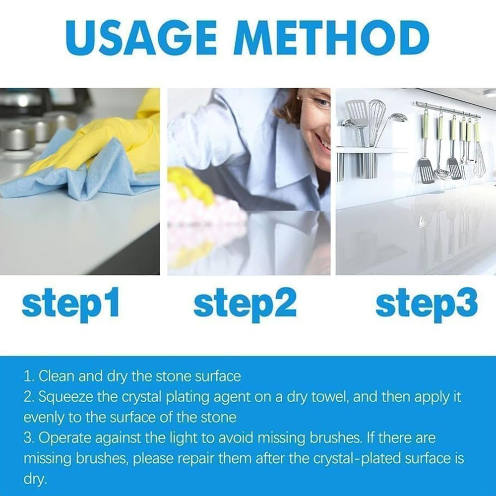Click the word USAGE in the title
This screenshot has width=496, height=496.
(141, 39)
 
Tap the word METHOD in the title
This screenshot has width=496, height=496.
(331, 39)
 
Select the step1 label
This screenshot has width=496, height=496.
(70, 304)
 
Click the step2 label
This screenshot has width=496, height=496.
(245, 304)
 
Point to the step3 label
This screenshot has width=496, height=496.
(427, 304)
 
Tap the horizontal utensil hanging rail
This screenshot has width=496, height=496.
(447, 110)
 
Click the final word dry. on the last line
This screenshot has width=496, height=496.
(35, 479)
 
